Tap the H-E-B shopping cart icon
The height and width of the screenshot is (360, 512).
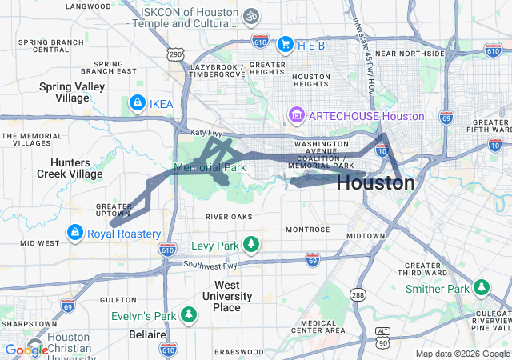click(x=286, y=44)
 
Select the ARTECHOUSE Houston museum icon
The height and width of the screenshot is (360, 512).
click(x=297, y=116)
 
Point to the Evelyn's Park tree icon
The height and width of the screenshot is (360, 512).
click(x=189, y=314)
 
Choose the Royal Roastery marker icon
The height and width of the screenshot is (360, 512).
click(x=74, y=234)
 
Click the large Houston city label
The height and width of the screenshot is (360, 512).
click(x=375, y=183)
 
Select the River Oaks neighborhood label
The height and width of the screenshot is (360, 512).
click(x=229, y=217)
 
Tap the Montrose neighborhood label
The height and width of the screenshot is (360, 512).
click(x=307, y=230)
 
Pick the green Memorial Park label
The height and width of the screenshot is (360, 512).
click(x=210, y=169)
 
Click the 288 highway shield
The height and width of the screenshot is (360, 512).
click(x=357, y=295)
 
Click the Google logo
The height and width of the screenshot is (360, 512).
click(x=26, y=350)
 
